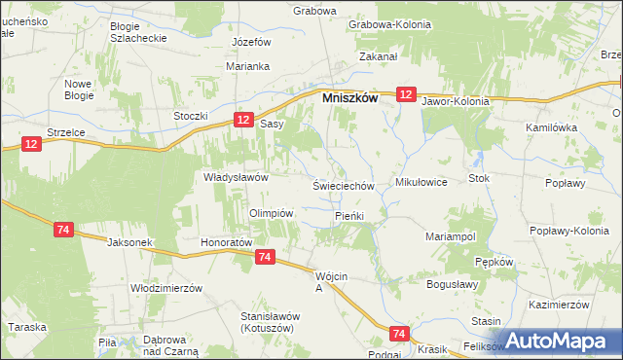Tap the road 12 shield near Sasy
[243, 119]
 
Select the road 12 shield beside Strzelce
[32, 144]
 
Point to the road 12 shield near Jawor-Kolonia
[406, 94]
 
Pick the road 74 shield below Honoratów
[264, 257]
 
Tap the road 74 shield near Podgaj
[397, 334]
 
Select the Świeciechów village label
[343, 185]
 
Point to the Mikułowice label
[421, 182]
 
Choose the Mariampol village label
[450, 236]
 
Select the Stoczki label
[192, 117]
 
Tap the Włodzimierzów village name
[165, 288]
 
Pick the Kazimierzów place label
[561, 304]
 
